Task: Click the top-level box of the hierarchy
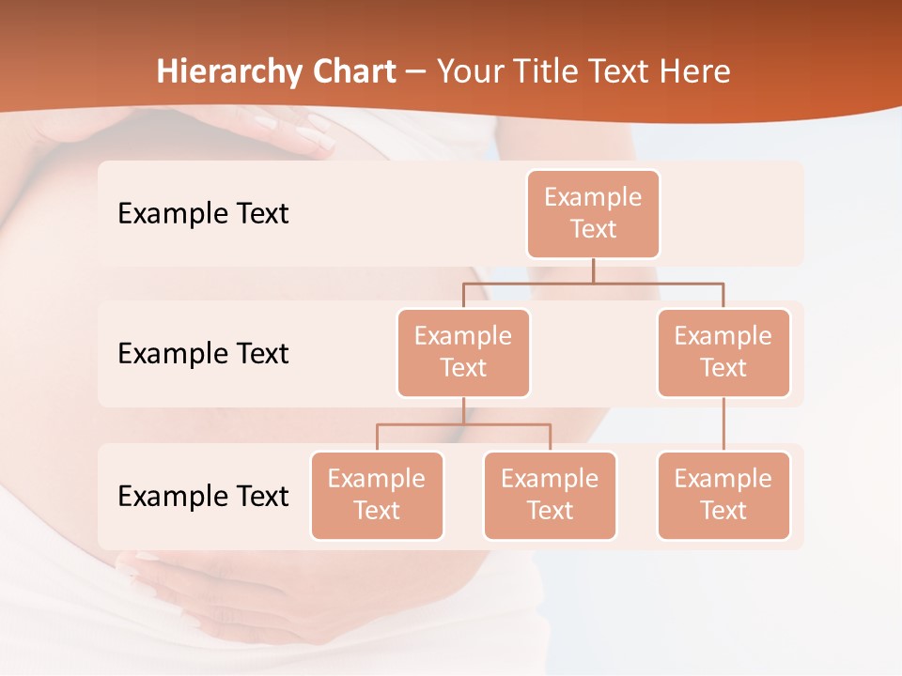pyautogui.click(x=593, y=214)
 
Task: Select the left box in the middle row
pyautogui.click(x=463, y=353)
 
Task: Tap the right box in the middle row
pyautogui.click(x=723, y=353)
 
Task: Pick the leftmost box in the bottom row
pyautogui.click(x=377, y=496)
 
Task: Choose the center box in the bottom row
pyautogui.click(x=550, y=496)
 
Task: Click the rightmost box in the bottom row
pyautogui.click(x=723, y=496)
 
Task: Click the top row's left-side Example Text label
pyautogui.click(x=203, y=214)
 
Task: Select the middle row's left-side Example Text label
pyautogui.click(x=203, y=354)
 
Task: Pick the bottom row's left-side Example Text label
pyautogui.click(x=203, y=496)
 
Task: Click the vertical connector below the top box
pyautogui.click(x=593, y=270)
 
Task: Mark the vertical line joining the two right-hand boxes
pyautogui.click(x=723, y=424)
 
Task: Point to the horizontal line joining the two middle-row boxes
pyautogui.click(x=593, y=283)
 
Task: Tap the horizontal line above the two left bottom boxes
pyautogui.click(x=463, y=424)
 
